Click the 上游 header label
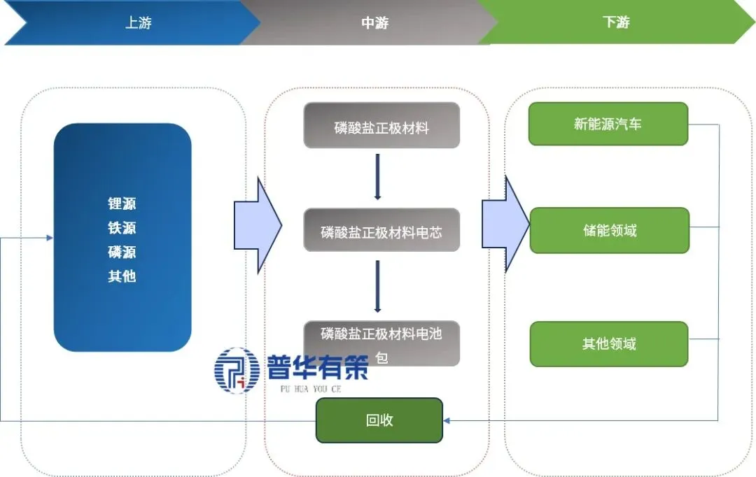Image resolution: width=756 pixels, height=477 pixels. [138, 22]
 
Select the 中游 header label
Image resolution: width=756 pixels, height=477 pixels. [374, 22]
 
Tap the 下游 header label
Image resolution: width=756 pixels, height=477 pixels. [616, 22]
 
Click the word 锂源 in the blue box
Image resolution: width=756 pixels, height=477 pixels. [122, 204]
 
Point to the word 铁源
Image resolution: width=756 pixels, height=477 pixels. [122, 228]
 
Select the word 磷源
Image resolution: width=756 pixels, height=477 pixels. [122, 252]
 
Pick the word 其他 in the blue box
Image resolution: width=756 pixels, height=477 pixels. [122, 276]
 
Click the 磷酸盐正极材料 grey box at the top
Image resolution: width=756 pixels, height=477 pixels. [381, 126]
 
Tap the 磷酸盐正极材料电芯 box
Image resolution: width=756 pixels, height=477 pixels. [381, 230]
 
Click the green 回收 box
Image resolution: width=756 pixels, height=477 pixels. [379, 420]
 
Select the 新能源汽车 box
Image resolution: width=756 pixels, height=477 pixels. [608, 124]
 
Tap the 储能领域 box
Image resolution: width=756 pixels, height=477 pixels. [609, 230]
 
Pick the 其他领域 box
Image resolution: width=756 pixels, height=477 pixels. [609, 344]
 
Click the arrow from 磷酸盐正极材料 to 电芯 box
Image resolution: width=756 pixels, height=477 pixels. [378, 177]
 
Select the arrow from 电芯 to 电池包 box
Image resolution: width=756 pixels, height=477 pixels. [378, 286]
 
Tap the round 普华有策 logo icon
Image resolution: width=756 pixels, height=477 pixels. [237, 370]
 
